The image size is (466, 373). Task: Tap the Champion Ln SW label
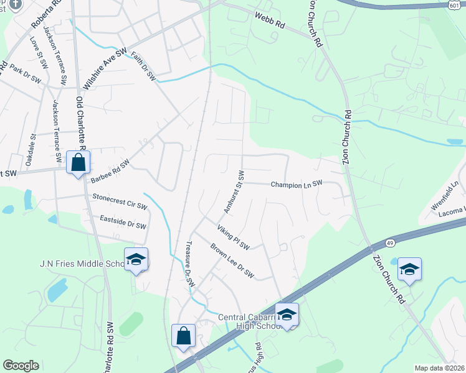[296, 184]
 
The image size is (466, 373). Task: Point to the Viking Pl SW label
[233, 237]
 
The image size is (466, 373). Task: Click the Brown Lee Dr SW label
[232, 261]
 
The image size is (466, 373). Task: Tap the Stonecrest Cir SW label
[120, 201]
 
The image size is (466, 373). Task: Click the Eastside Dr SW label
[123, 222]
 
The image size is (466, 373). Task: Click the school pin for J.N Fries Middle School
[136, 259]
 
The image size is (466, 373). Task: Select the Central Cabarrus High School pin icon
[287, 315]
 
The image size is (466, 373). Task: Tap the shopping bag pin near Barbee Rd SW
[78, 163]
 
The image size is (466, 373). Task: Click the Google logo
[21, 366]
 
